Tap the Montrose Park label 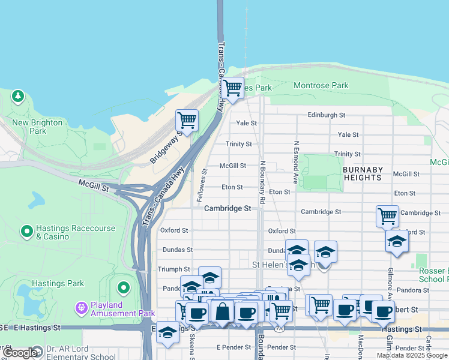(x=321, y=86)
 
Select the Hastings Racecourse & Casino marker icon (x=26, y=230)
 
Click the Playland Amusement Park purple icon (x=82, y=308)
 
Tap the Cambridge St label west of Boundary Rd (x=227, y=208)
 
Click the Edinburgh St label (x=327, y=115)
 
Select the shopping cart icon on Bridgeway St (x=187, y=120)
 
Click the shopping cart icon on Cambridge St (x=387, y=215)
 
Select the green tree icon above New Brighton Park (x=18, y=95)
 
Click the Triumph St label (x=173, y=269)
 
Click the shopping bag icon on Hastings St (x=223, y=312)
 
